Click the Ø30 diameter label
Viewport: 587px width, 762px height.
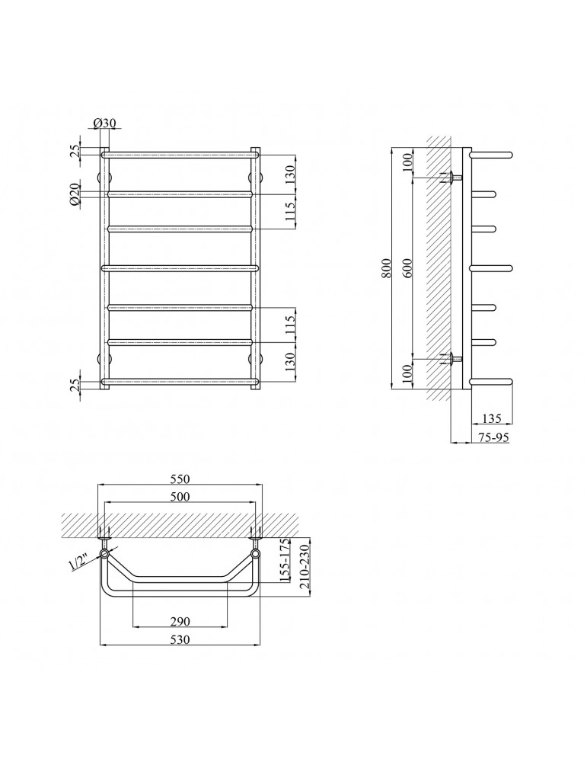pyautogui.click(x=106, y=123)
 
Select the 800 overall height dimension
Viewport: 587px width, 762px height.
pyautogui.click(x=386, y=267)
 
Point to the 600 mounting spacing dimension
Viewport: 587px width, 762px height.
pyautogui.click(x=407, y=267)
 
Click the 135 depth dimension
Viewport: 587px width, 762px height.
pyautogui.click(x=492, y=418)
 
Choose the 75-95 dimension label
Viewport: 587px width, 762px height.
pyautogui.click(x=493, y=437)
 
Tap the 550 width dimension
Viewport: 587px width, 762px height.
pyautogui.click(x=180, y=479)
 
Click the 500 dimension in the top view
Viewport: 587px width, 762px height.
pyautogui.click(x=180, y=496)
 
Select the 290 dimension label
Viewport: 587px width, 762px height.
pyautogui.click(x=180, y=621)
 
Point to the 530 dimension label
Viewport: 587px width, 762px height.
pyautogui.click(x=180, y=639)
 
